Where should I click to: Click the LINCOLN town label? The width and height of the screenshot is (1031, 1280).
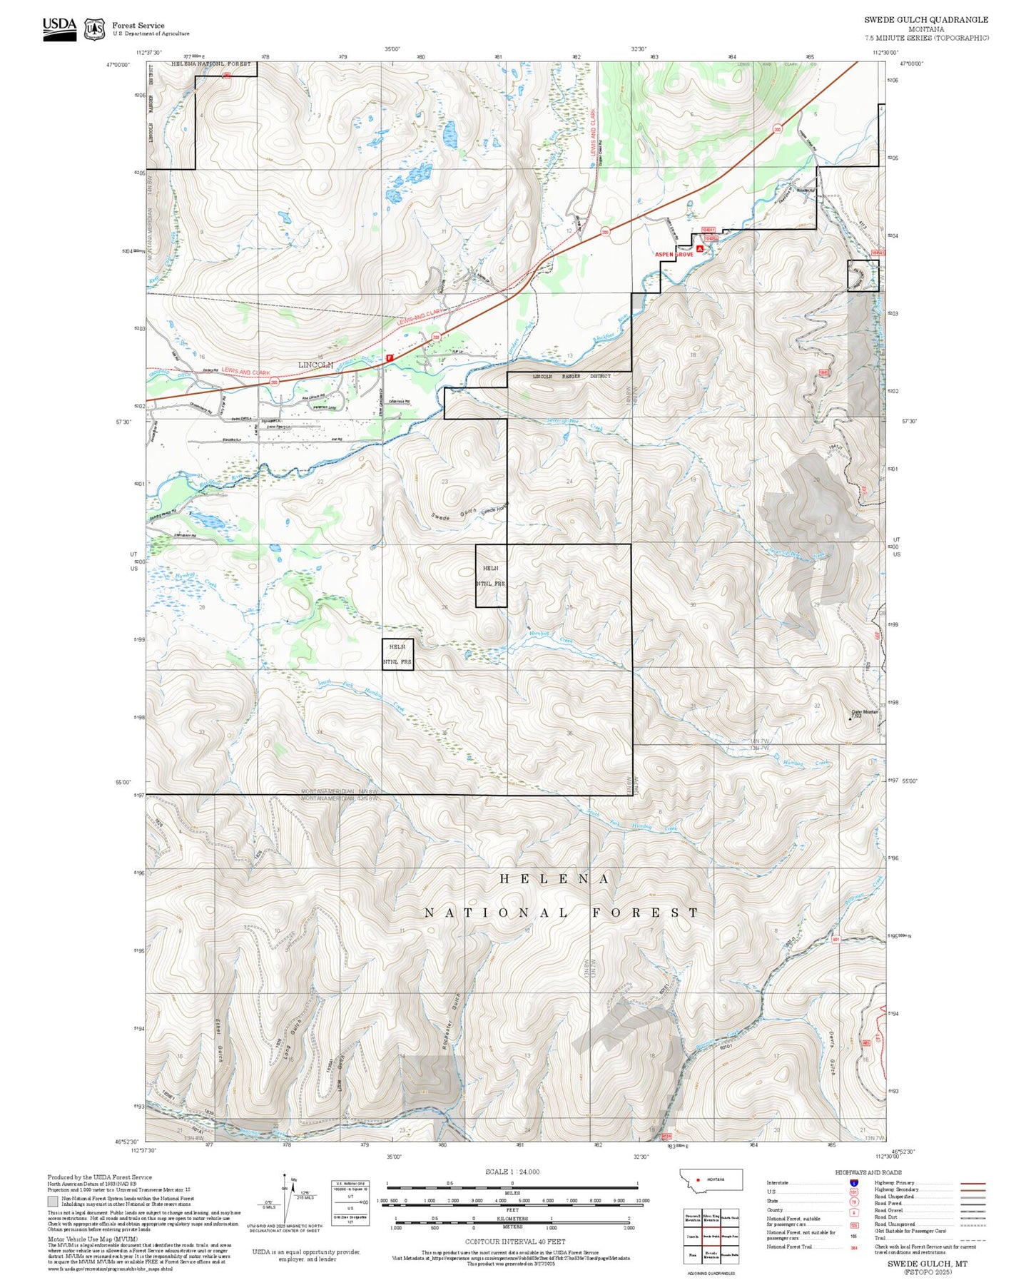click(315, 365)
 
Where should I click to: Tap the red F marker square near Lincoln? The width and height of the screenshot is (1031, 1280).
click(389, 357)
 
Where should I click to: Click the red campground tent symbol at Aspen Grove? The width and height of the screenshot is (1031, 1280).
click(700, 248)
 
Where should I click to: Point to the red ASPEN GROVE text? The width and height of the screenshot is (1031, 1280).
click(674, 255)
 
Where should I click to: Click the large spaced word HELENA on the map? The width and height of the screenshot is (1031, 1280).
click(554, 879)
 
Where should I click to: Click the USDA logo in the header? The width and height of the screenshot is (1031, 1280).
click(59, 29)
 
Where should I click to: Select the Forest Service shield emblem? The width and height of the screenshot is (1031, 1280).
click(94, 29)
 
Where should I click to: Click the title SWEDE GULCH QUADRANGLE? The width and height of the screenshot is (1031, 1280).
click(926, 20)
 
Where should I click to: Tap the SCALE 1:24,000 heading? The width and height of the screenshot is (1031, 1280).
click(512, 1172)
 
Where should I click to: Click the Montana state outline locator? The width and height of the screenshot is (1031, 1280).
click(711, 1179)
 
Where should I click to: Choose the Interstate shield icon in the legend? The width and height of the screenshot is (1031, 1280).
click(853, 1183)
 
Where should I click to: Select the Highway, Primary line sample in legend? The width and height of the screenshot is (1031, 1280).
click(973, 1183)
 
